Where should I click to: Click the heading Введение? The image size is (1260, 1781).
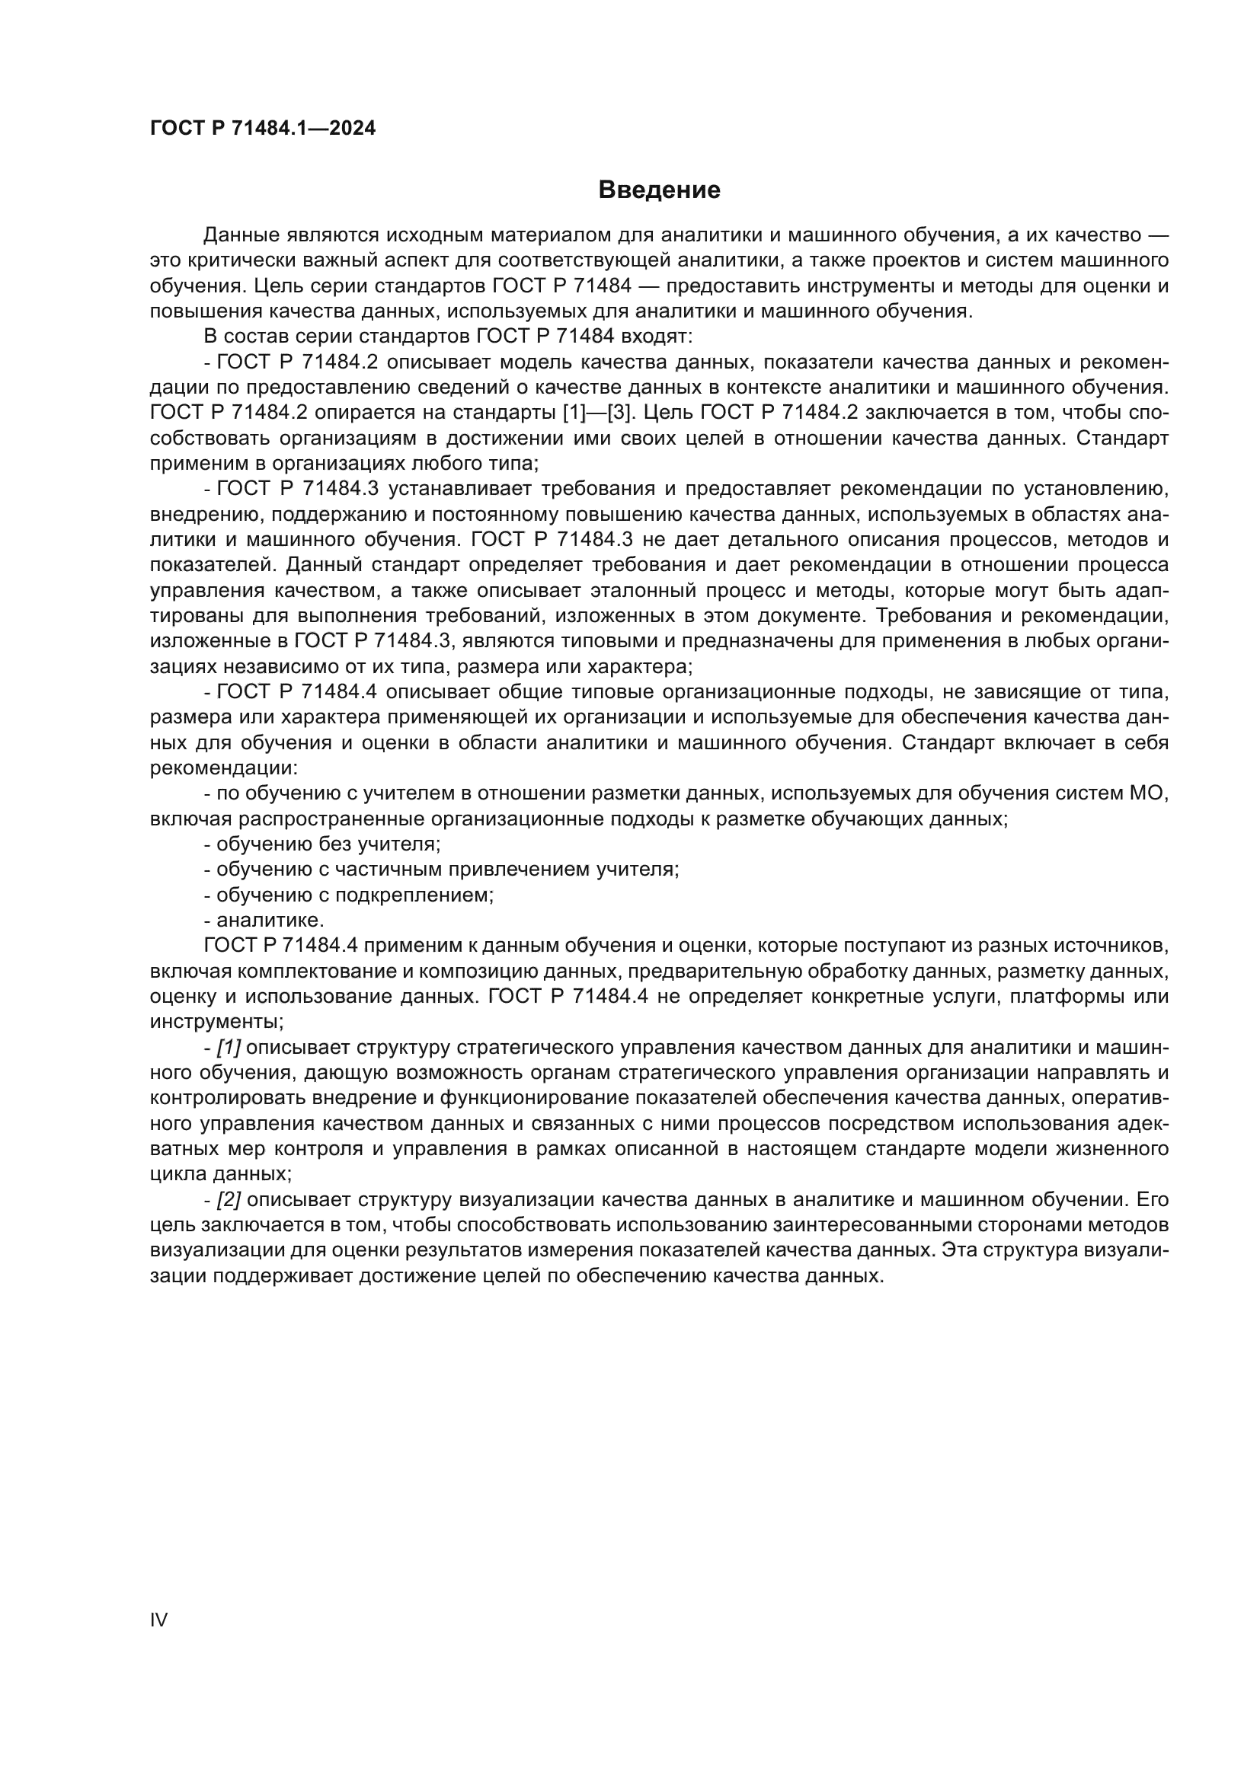coord(660,190)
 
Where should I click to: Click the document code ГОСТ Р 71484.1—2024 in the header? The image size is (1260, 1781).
coord(262,129)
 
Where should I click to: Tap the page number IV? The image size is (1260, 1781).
coord(158,1620)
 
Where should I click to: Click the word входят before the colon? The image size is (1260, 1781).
coord(653,337)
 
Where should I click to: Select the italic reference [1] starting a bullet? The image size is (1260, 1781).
coord(228,1048)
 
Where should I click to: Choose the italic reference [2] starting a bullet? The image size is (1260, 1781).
coord(228,1200)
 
